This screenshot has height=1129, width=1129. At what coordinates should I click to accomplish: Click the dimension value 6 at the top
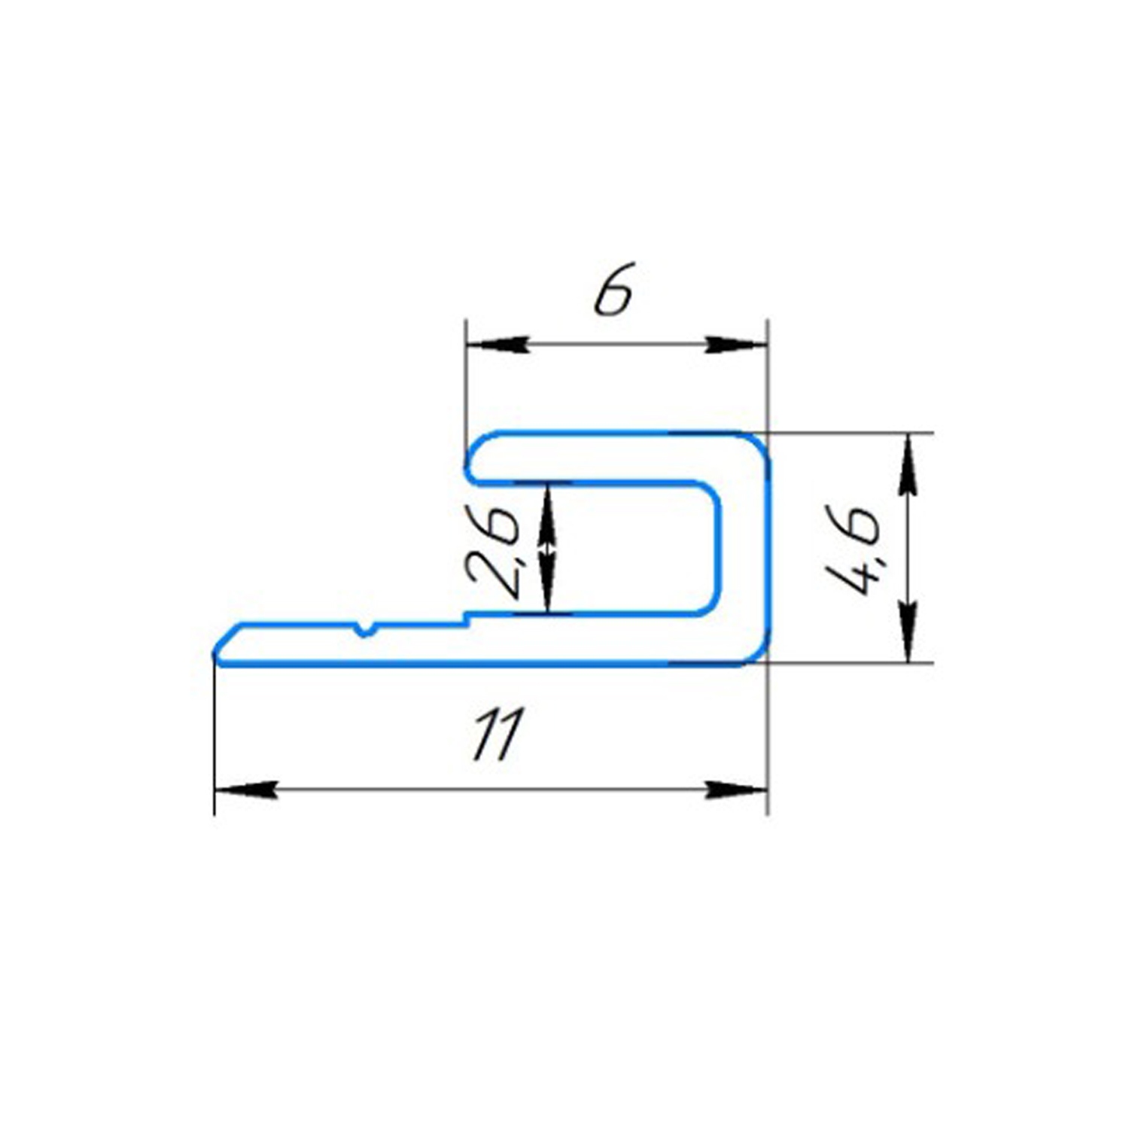[x=614, y=288]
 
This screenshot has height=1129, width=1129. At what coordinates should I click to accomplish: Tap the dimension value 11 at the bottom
[x=497, y=734]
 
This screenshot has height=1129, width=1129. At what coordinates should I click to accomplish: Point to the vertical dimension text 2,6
[x=493, y=553]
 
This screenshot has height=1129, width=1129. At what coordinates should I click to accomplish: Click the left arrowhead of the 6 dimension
[x=497, y=345]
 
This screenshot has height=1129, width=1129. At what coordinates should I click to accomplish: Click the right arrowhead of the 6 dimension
[x=736, y=345]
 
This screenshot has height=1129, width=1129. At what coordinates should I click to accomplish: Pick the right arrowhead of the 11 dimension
[x=736, y=790]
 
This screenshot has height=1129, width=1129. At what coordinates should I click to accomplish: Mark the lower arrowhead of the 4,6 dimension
[x=908, y=631]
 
